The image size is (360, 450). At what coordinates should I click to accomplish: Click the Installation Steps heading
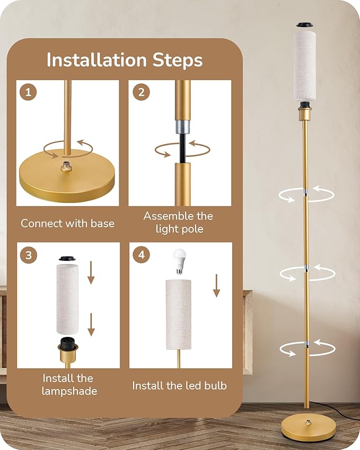[125, 60]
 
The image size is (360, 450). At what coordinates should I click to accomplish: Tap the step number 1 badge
[28, 92]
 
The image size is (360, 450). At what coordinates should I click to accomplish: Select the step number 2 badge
[141, 92]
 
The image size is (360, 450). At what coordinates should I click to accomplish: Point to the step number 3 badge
[28, 255]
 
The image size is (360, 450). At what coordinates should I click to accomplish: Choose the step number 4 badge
[141, 255]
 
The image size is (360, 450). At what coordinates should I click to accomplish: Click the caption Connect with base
[67, 223]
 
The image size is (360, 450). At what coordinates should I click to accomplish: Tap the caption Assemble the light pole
[178, 222]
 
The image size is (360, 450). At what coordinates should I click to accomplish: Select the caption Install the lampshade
[68, 385]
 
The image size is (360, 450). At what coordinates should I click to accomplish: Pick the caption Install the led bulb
[179, 385]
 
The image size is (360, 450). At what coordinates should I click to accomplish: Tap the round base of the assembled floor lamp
[308, 427]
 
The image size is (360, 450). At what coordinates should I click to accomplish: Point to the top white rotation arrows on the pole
[306, 193]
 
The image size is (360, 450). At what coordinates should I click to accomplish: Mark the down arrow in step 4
[216, 286]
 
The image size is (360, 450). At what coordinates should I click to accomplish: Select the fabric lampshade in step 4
[178, 314]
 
